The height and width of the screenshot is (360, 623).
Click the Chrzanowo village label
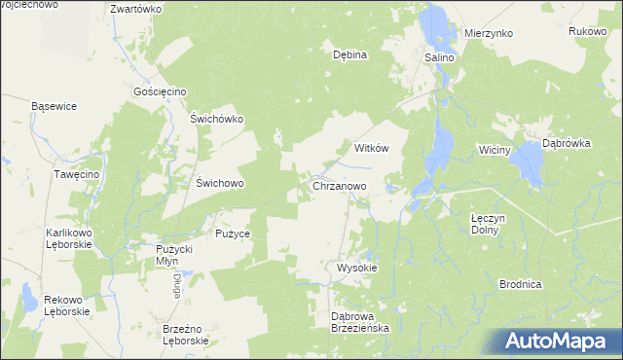(340, 185)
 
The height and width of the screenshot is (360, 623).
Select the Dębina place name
(349, 54)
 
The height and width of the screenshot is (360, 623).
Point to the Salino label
(438, 58)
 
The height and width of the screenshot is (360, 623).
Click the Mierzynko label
(488, 33)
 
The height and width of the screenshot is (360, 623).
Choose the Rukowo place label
(588, 32)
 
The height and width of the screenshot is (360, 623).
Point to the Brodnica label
(519, 284)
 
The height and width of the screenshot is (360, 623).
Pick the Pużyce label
(234, 234)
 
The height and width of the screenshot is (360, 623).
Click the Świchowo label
(219, 182)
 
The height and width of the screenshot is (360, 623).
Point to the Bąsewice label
(54, 105)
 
